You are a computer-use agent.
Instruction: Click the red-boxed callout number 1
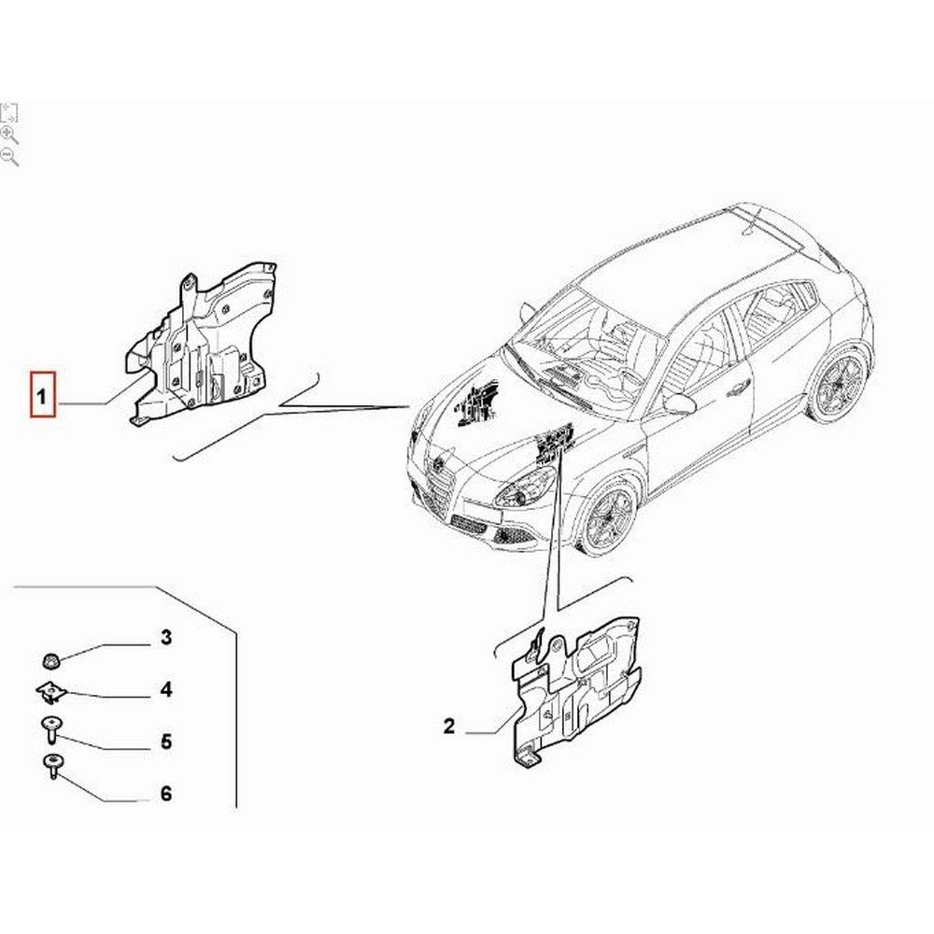42,395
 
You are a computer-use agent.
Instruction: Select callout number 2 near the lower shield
448,726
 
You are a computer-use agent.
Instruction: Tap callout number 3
165,637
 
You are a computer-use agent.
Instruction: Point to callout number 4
165,690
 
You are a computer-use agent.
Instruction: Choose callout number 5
166,742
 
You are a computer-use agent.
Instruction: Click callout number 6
166,793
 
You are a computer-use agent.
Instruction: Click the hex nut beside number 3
50,660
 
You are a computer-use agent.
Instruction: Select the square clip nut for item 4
51,693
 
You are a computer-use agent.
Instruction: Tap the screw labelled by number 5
51,729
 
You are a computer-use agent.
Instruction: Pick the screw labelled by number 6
52,767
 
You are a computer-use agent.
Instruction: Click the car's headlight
524,488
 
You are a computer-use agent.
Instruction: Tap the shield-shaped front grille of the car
440,489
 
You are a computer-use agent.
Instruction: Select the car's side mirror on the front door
680,403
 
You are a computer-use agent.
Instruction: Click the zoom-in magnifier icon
9,134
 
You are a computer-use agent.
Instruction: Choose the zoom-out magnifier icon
9,157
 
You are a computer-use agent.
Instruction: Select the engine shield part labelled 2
574,691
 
